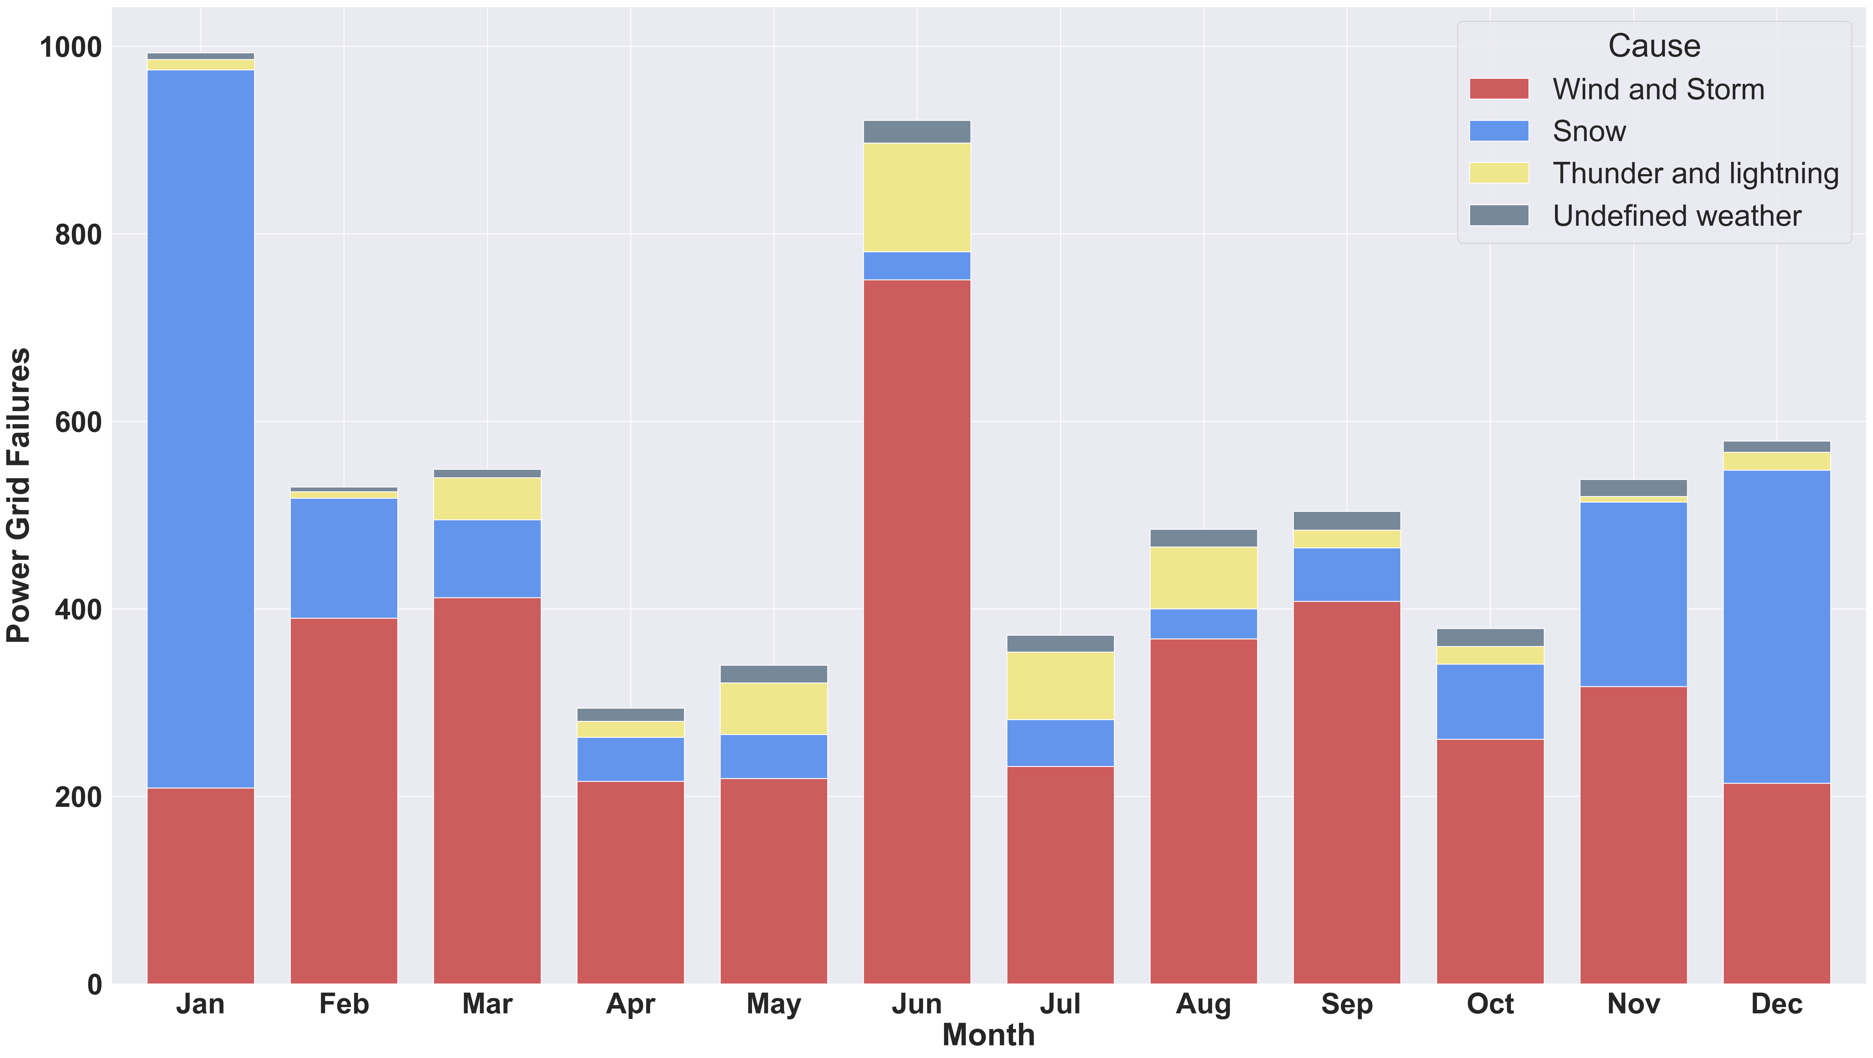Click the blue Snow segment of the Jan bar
201,429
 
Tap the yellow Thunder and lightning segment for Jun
917,198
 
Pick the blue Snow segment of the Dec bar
1777,627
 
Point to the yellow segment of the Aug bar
1203,578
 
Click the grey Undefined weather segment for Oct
1491,638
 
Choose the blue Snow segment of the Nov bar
1634,594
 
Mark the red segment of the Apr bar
630,883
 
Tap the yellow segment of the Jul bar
1060,686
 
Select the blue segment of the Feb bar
344,558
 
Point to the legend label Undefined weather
1677,216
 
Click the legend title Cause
1654,46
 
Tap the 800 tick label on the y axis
79,235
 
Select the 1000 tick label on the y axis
71,47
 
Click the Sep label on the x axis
1347,1004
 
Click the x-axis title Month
988,1035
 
